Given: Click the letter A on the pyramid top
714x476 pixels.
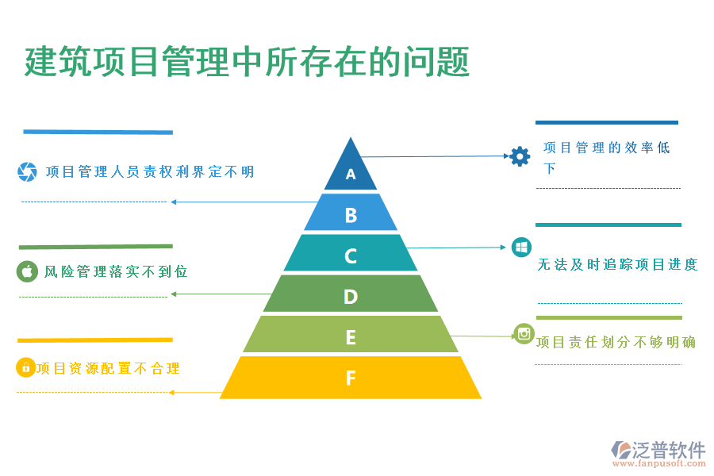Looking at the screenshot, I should coord(351,174).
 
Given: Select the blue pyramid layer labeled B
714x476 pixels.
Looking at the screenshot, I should coord(351,214).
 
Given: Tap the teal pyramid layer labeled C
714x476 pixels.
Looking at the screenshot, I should coord(351,255).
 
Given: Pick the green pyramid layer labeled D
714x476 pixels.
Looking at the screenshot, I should coord(351,296).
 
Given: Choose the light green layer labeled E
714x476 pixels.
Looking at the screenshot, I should coord(351,336).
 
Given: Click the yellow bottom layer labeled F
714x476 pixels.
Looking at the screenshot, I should coord(351,378).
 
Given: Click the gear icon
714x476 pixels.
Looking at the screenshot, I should coord(520,155).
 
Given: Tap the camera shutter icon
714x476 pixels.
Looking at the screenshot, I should coord(27,171).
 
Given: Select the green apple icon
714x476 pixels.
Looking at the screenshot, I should coord(27,271).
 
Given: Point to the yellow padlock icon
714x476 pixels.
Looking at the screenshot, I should coord(25,367).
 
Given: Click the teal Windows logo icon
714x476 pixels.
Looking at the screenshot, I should coord(521,248).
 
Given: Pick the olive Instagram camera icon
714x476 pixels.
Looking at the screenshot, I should coord(524,334).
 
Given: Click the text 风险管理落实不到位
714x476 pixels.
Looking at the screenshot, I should coord(116,272).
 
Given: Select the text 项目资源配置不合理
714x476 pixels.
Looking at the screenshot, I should coord(108,368).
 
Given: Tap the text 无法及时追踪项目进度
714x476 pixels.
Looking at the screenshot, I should coord(617,265).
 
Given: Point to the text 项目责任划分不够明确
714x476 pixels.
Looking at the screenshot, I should coord(616,343).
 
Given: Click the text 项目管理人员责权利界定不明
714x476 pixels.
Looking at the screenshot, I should coord(150,171).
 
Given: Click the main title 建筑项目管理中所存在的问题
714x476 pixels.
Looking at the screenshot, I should coord(247,62).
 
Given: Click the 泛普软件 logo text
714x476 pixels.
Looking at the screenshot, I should coord(669,450).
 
